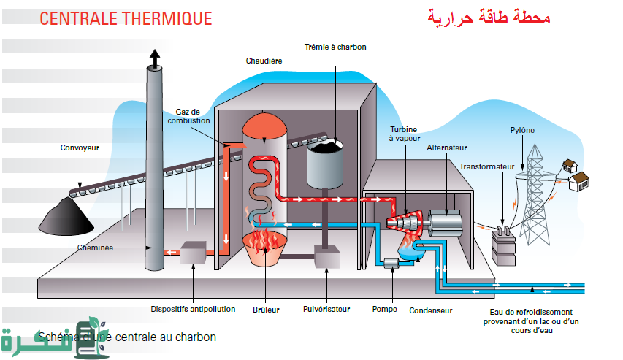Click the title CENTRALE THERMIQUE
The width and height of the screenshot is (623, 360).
pos(126,18)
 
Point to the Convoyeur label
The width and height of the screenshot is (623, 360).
pos(80,148)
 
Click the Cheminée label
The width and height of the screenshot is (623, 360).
pos(95,248)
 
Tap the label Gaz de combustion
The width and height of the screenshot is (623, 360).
pos(193,116)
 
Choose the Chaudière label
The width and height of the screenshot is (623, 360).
pos(264,61)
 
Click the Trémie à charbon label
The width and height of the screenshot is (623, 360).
pos(335,47)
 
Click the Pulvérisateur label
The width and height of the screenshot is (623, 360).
pos(326,309)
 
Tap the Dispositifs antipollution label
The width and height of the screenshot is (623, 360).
pos(194,309)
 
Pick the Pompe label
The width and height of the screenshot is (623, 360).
pos(384,309)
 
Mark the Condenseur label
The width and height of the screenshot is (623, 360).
pos(432,310)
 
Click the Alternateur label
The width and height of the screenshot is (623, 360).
pos(447,148)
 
